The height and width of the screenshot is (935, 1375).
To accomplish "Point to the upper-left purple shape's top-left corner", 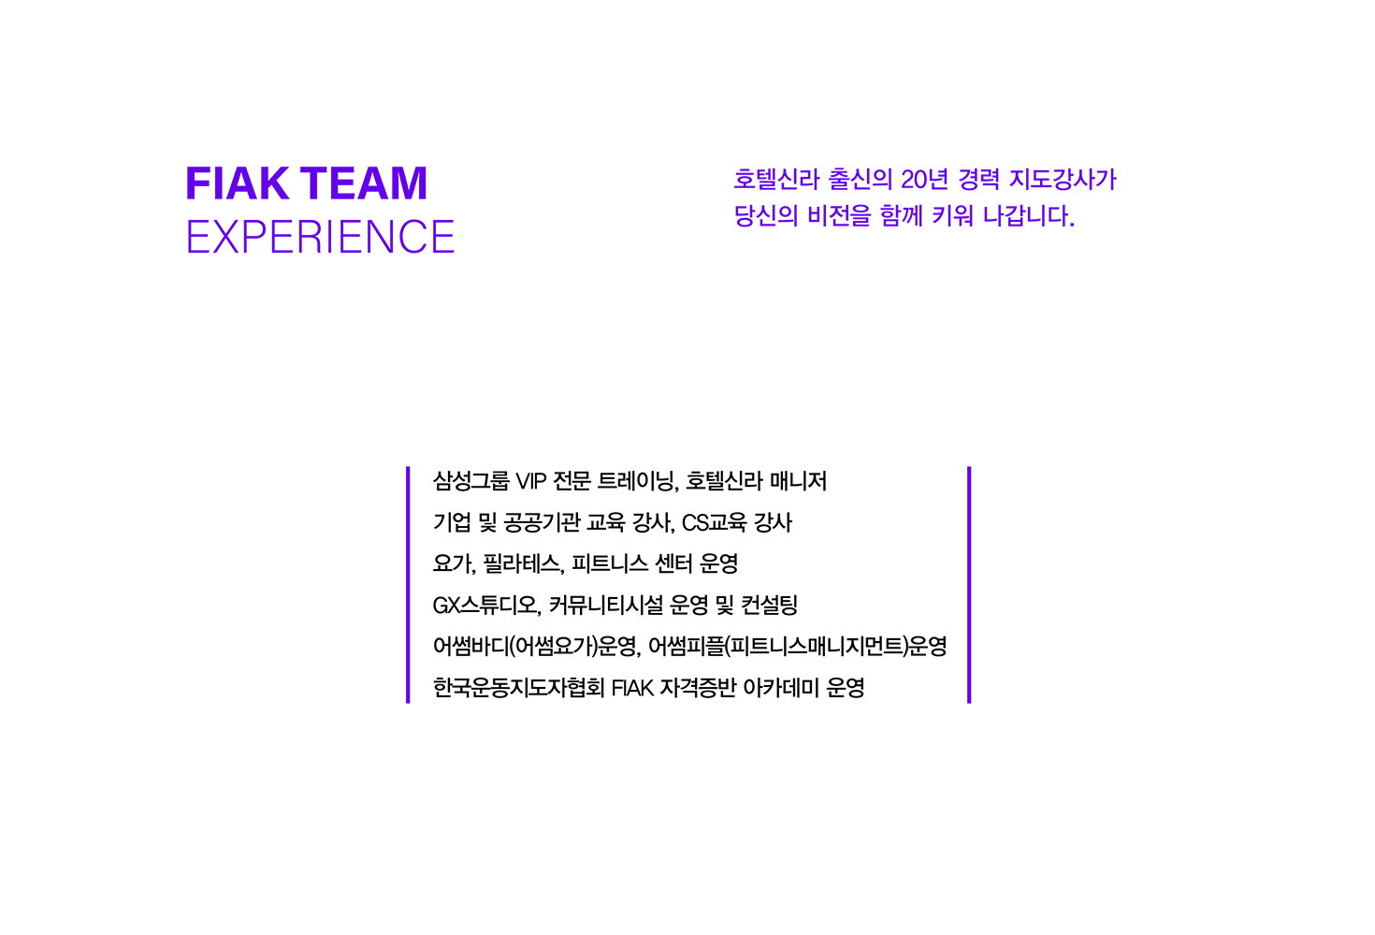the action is [188, 168].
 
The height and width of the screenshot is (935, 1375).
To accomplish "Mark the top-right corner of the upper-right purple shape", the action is [1116, 168].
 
